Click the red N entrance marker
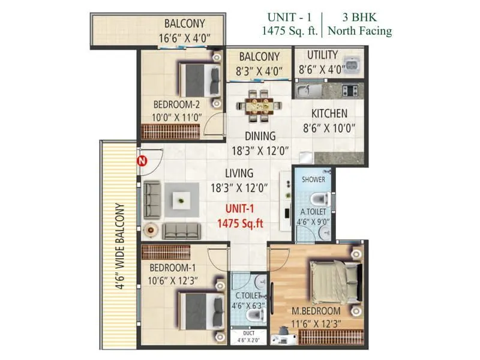coord(142,161)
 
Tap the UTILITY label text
coord(322,56)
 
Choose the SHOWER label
coord(313,179)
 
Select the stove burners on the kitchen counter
coord(350,91)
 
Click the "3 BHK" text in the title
coord(359,17)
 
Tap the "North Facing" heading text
coord(359,31)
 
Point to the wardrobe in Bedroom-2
coord(170,131)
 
